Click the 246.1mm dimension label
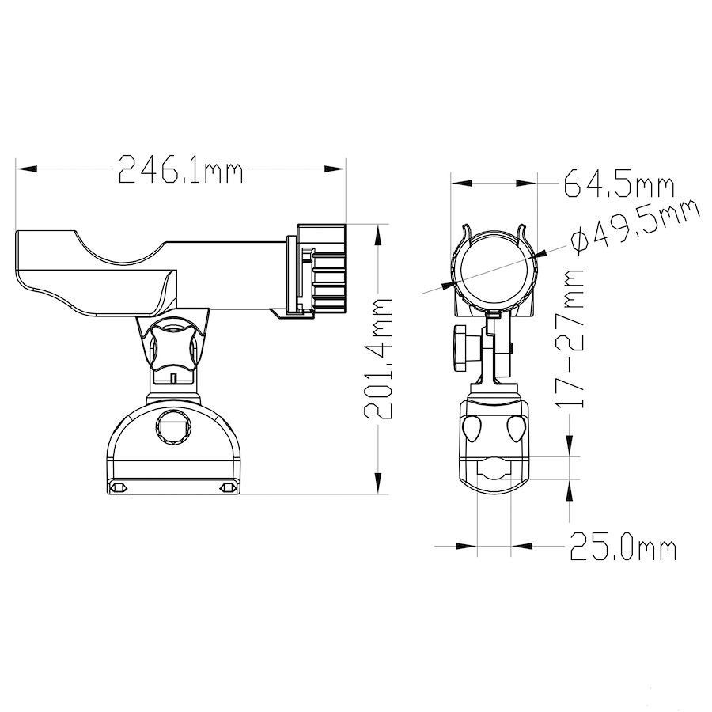coord(180,169)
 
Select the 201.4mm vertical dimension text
coord(378,358)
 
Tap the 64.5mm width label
coord(619,183)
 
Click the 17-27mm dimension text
coord(570,339)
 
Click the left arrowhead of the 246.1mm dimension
coord(26,169)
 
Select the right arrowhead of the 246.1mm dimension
coord(335,169)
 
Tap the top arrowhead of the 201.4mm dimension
coord(378,235)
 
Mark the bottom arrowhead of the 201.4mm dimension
coord(378,483)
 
